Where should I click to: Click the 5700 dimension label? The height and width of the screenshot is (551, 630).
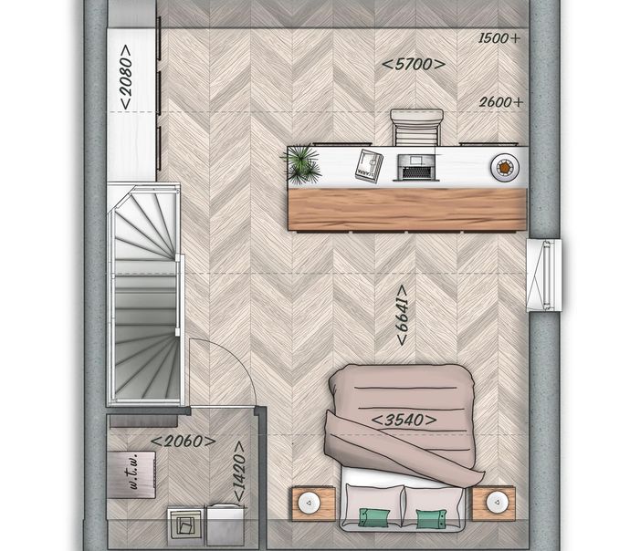(414, 64)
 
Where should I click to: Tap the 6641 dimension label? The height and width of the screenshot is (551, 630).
(402, 315)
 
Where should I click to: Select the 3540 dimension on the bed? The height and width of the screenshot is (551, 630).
(404, 421)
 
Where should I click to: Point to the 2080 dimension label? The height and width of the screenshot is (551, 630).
(126, 77)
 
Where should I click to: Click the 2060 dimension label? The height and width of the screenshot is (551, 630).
(184, 442)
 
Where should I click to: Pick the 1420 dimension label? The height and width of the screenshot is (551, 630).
(238, 472)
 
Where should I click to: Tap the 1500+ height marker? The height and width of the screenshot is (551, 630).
(499, 38)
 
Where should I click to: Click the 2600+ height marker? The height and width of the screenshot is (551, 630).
(501, 102)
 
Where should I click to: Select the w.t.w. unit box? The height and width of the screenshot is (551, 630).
(131, 474)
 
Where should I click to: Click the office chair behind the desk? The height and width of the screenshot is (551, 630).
(416, 127)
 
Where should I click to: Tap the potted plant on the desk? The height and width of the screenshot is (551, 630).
(301, 164)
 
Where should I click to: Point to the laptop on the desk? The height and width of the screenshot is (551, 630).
(416, 167)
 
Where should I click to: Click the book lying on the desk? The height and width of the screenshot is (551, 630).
(369, 166)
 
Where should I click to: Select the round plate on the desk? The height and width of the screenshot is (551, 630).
(505, 167)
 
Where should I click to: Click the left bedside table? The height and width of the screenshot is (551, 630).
(313, 504)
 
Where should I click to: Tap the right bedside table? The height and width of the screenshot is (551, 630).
(493, 504)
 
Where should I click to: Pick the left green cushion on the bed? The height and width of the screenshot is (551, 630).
(374, 517)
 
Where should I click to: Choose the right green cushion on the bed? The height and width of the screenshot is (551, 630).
(432, 518)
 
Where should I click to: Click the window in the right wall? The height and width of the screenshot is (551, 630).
(544, 275)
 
